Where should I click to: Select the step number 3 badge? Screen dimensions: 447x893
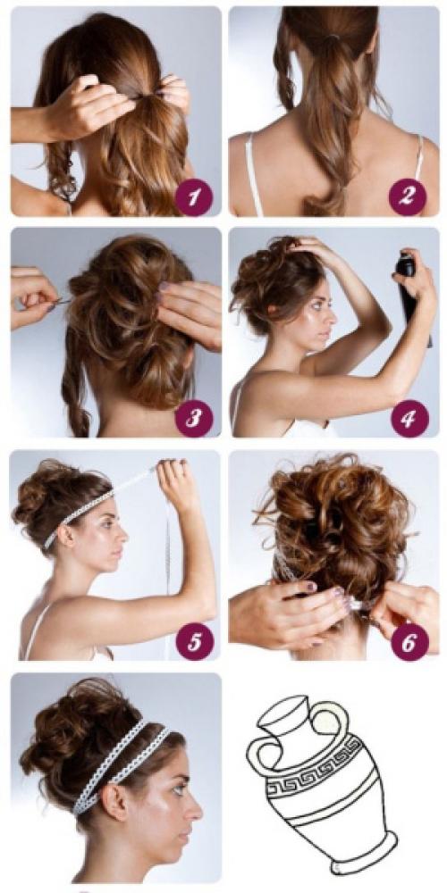pyautogui.click(x=194, y=418)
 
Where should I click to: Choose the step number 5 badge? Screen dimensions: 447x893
pyautogui.click(x=194, y=641)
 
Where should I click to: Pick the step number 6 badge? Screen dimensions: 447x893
pyautogui.click(x=409, y=641)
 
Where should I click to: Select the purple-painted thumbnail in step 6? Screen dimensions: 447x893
pyautogui.click(x=310, y=588)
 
